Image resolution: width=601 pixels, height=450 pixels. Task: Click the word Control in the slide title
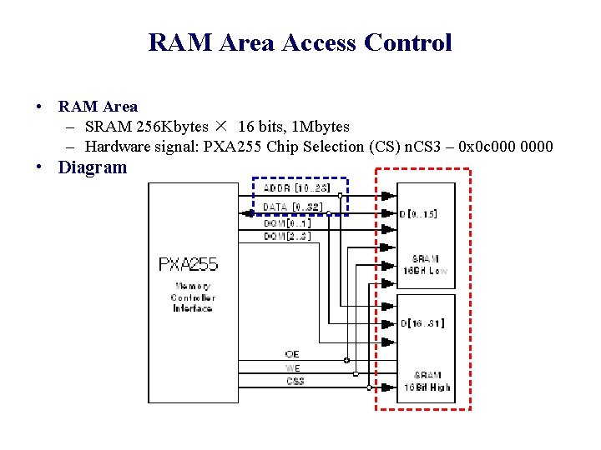pyautogui.click(x=410, y=42)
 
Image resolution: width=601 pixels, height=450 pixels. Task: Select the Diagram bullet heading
pyautogui.click(x=92, y=167)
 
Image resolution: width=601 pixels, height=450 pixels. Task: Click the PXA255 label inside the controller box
pyautogui.click(x=188, y=265)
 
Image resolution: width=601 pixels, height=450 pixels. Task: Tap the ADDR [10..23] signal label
pyautogui.click(x=296, y=188)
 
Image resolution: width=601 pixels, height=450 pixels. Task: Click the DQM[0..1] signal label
pyautogui.click(x=287, y=223)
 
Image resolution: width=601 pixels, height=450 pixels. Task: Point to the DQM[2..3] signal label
pyautogui.click(x=287, y=237)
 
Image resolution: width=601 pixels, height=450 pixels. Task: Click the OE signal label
pyautogui.click(x=292, y=355)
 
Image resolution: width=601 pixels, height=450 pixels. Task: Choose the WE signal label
pyautogui.click(x=293, y=368)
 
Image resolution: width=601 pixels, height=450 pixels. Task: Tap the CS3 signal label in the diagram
pyautogui.click(x=295, y=382)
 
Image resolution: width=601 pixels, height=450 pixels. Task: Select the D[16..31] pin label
pyautogui.click(x=422, y=322)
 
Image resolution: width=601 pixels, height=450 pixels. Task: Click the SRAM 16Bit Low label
pyautogui.click(x=426, y=265)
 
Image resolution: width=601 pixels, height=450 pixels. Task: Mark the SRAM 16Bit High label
pyautogui.click(x=426, y=381)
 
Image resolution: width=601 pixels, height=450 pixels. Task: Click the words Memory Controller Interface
pyautogui.click(x=192, y=297)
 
